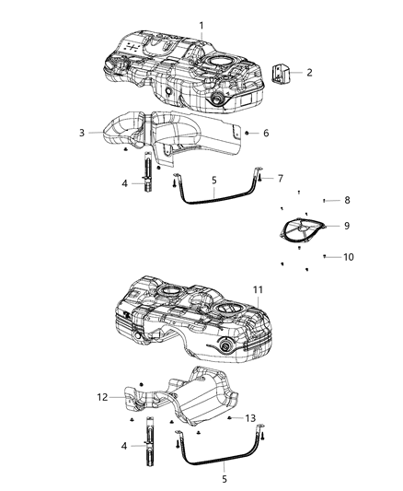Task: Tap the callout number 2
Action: point(309,72)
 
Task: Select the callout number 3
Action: point(82,134)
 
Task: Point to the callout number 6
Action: point(266,134)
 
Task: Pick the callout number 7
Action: point(281,178)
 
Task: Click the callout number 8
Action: point(347,200)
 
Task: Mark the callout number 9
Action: point(346,225)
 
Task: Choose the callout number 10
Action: point(348,257)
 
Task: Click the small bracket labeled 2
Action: point(282,72)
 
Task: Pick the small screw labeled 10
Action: point(325,256)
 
